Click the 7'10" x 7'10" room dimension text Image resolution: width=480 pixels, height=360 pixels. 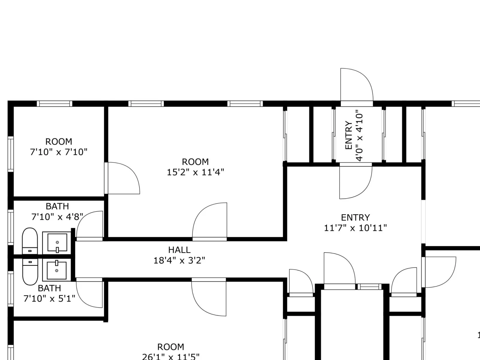58,152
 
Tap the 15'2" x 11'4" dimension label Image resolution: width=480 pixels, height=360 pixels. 196,172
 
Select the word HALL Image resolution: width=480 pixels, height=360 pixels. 179,250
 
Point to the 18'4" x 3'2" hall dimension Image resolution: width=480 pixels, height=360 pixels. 179,260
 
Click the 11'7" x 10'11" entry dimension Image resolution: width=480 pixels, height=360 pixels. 355,228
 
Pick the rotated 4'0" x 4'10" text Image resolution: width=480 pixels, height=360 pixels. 360,136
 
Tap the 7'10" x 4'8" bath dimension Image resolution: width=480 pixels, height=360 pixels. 57,217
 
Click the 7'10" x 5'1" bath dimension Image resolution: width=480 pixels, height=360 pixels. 49,298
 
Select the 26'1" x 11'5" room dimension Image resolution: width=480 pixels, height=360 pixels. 171,357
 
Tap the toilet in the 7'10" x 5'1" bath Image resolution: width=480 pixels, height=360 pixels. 30,272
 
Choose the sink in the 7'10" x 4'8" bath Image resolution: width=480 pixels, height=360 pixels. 57,243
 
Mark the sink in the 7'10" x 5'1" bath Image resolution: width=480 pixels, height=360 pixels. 57,270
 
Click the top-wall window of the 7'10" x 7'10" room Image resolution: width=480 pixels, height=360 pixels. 55,103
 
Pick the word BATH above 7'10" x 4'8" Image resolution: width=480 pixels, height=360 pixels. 57,206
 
